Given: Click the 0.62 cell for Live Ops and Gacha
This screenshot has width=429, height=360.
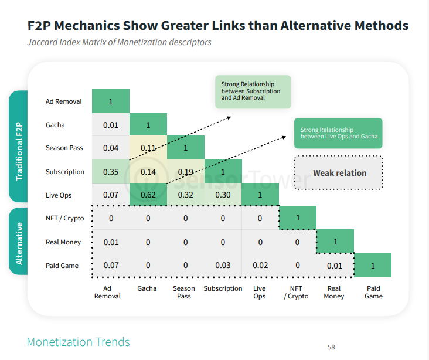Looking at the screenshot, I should point(148,195).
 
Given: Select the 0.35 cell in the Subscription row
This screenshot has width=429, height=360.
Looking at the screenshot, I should point(110,172).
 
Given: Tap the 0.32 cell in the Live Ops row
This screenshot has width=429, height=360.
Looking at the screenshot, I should point(185,195).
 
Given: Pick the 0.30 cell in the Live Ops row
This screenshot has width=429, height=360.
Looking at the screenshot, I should point(223,195).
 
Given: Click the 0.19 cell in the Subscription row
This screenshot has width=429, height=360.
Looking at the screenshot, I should point(185,172).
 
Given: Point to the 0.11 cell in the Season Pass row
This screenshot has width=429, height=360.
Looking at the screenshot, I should point(148,148).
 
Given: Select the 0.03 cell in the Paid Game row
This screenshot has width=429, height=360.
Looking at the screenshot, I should point(223,266).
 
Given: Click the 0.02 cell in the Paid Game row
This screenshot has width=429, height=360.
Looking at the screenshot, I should point(260,266).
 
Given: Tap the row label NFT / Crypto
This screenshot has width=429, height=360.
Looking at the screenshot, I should point(64,218).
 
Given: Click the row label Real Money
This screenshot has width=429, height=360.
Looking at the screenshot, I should point(63,242).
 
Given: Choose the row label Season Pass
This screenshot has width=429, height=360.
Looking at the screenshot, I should point(64,148).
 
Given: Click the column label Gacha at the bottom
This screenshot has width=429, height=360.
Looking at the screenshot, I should point(147,288).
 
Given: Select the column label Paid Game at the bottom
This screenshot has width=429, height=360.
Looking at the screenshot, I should point(373,292).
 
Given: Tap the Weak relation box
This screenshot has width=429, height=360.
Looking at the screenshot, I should point(339,173).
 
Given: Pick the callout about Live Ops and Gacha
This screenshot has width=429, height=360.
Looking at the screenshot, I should point(339,134).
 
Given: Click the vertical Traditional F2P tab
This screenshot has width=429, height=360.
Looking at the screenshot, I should point(19,147).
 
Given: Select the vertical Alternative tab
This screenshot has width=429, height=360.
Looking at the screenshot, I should point(19,242).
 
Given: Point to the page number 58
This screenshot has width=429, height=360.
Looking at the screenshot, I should point(331,347).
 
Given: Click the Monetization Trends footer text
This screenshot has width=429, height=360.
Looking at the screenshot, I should point(78,342).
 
